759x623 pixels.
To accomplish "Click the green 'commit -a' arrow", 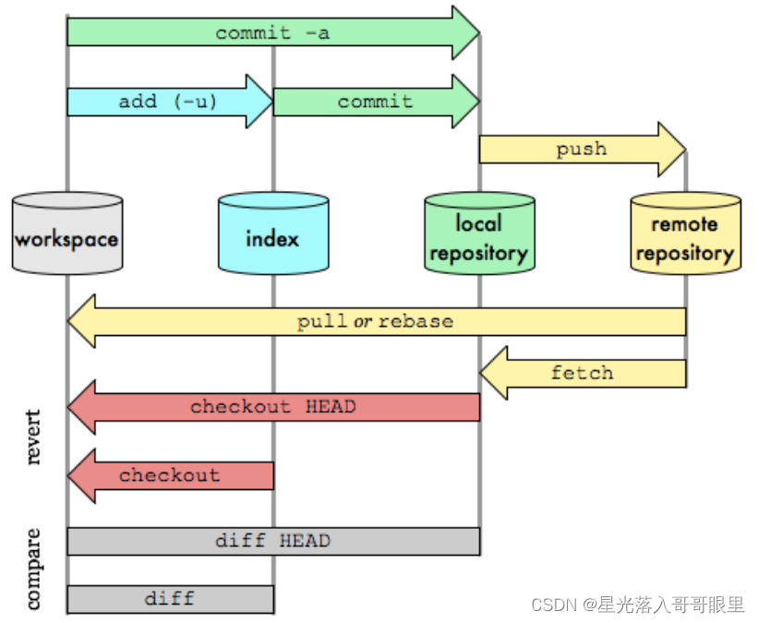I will pyautogui.click(x=272, y=33).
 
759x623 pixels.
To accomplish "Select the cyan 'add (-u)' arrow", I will pyautogui.click(x=168, y=102).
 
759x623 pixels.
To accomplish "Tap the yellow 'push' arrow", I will pyautogui.click(x=582, y=149).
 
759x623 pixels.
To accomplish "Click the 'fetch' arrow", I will pyautogui.click(x=582, y=373).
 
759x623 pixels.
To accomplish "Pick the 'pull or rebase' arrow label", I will pyautogui.click(x=375, y=321).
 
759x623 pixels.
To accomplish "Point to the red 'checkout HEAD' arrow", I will pyautogui.click(x=273, y=406).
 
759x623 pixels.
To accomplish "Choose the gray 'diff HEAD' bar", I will pyautogui.click(x=273, y=541).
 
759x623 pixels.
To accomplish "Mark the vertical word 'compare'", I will pyautogui.click(x=33, y=569).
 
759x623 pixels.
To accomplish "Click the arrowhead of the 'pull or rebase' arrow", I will pyautogui.click(x=80, y=321).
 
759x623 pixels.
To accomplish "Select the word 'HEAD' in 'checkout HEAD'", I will pyautogui.click(x=329, y=406).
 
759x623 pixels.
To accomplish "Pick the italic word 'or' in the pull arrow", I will pyautogui.click(x=363, y=321).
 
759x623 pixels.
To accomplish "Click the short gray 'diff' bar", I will pyautogui.click(x=170, y=598).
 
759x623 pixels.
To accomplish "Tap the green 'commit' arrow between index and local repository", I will pyautogui.click(x=375, y=102).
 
